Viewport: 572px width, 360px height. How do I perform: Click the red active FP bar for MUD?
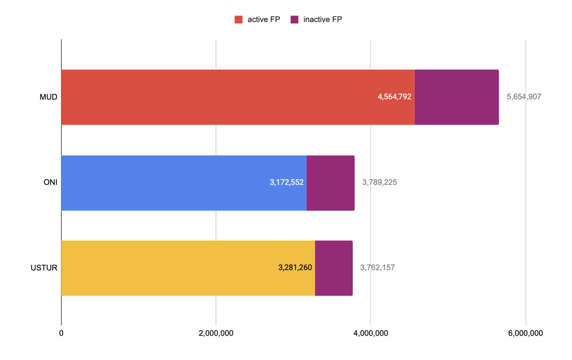coord(216,97)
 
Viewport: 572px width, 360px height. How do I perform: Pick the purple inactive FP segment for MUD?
coord(457,97)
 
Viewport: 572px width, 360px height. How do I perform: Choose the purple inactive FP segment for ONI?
coord(330,183)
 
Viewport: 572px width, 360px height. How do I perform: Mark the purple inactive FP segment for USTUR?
coord(334,268)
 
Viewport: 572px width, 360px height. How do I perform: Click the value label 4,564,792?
coord(394,97)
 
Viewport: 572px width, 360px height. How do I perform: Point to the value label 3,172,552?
coord(287,182)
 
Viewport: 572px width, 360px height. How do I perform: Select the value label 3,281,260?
coord(295,268)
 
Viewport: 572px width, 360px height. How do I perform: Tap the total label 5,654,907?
coord(524,97)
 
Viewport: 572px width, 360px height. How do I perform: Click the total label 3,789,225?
coord(379,182)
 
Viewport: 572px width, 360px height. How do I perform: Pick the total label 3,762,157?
coord(377,268)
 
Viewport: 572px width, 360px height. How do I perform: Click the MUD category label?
coord(48,97)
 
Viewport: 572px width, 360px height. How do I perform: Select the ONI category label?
coord(50,182)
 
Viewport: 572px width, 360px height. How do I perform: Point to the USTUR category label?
coord(44,268)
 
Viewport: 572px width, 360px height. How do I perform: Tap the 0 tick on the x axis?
coord(61,333)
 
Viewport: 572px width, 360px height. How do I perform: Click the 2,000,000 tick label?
coord(216,333)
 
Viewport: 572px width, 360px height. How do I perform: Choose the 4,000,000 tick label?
coord(371,333)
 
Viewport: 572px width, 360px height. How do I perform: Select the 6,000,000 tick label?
coord(525,333)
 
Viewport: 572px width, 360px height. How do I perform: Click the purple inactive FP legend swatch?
coord(294,19)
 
